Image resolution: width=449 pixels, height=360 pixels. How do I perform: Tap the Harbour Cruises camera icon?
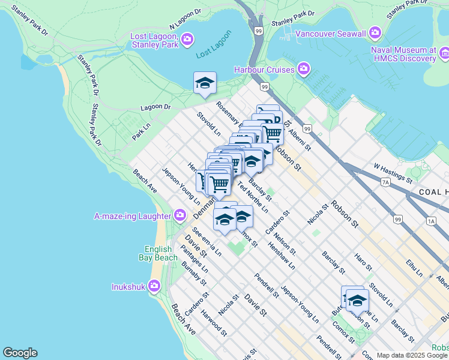[304, 70]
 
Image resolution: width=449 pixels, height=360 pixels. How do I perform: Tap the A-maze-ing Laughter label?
[132, 215]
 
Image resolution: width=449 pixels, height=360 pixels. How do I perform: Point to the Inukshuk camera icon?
[154, 287]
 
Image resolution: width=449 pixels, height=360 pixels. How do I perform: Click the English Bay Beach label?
[161, 253]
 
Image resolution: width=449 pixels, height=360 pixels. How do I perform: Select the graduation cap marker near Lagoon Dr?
[205, 83]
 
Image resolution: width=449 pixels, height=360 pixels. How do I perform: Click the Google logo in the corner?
[19, 353]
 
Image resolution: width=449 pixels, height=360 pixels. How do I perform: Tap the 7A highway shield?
[385, 181]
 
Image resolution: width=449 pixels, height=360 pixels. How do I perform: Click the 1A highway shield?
[431, 221]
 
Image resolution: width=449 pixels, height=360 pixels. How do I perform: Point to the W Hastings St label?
[393, 172]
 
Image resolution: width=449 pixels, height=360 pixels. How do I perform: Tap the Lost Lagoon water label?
[213, 55]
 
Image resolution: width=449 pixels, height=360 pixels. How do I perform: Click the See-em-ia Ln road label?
[208, 242]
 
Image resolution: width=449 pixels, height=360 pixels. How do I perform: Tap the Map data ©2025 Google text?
[412, 355]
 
